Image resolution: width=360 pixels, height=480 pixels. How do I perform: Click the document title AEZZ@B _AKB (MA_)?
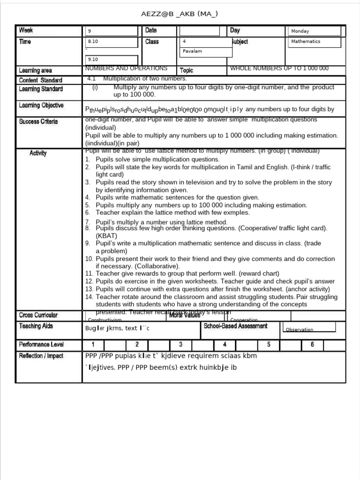click(x=180, y=14)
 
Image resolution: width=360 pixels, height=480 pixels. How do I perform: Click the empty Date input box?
click(x=199, y=31)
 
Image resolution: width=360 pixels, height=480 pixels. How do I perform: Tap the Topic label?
click(x=186, y=70)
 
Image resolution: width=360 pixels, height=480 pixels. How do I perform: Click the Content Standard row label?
click(x=41, y=80)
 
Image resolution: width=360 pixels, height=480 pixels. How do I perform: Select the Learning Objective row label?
click(x=41, y=105)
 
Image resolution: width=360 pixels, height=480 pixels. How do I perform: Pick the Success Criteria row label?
click(x=38, y=122)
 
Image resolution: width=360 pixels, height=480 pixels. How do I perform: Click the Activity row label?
click(x=38, y=153)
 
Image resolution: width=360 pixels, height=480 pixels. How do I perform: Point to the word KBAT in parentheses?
click(x=106, y=236)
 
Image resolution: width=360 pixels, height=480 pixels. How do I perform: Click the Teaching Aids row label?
click(x=36, y=326)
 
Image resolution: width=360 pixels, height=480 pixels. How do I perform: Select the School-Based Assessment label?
click(x=235, y=326)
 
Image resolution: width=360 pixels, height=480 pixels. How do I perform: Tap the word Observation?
click(x=299, y=330)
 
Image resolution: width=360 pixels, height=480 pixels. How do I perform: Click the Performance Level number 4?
click(x=225, y=345)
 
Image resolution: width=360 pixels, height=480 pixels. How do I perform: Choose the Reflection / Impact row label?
click(x=41, y=356)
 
